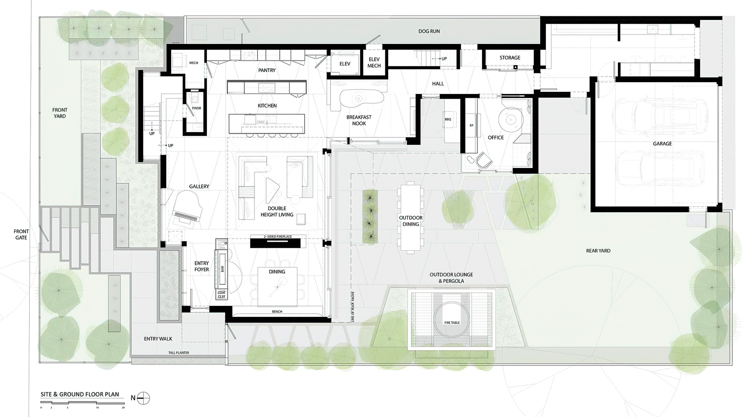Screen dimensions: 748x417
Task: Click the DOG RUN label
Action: coord(429,31)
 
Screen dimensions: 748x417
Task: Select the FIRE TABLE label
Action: coord(452,323)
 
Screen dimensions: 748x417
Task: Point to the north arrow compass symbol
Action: coord(143,398)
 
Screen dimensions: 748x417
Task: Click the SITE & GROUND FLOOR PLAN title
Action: coord(80,394)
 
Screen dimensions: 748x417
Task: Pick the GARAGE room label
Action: coord(662,144)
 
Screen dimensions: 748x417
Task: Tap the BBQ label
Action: coord(448,119)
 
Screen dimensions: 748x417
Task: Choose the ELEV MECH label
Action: coord(374,62)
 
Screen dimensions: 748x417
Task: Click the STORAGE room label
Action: coord(510,58)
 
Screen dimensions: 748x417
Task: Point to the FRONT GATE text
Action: coord(21,235)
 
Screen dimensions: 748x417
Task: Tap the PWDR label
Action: coord(197,108)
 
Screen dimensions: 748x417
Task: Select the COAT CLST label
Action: coord(222,295)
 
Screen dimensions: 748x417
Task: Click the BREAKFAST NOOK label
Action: coord(359,120)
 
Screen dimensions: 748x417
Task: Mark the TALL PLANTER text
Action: coord(179,353)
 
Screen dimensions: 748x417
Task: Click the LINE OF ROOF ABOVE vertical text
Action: coord(353,306)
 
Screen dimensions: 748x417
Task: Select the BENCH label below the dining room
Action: coord(277,312)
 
